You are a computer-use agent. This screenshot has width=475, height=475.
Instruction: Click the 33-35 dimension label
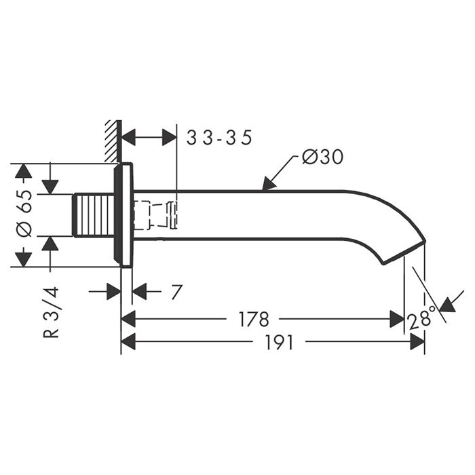[x=219, y=138]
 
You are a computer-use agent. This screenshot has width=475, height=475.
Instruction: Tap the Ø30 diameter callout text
[x=322, y=157]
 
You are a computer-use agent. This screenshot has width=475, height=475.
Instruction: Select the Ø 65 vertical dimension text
[x=24, y=214]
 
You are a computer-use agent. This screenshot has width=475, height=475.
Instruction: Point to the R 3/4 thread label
[x=51, y=312]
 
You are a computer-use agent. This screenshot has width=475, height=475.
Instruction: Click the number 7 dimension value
[x=176, y=292]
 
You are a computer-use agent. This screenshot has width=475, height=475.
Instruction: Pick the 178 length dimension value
[x=254, y=319]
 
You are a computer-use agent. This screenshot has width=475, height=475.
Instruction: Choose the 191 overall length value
[x=280, y=342]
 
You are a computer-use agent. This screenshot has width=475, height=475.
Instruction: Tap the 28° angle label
[x=421, y=318]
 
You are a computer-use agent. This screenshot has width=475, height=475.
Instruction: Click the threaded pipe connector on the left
[x=94, y=215]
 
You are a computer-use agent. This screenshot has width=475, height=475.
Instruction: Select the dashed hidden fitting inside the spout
[x=155, y=215]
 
